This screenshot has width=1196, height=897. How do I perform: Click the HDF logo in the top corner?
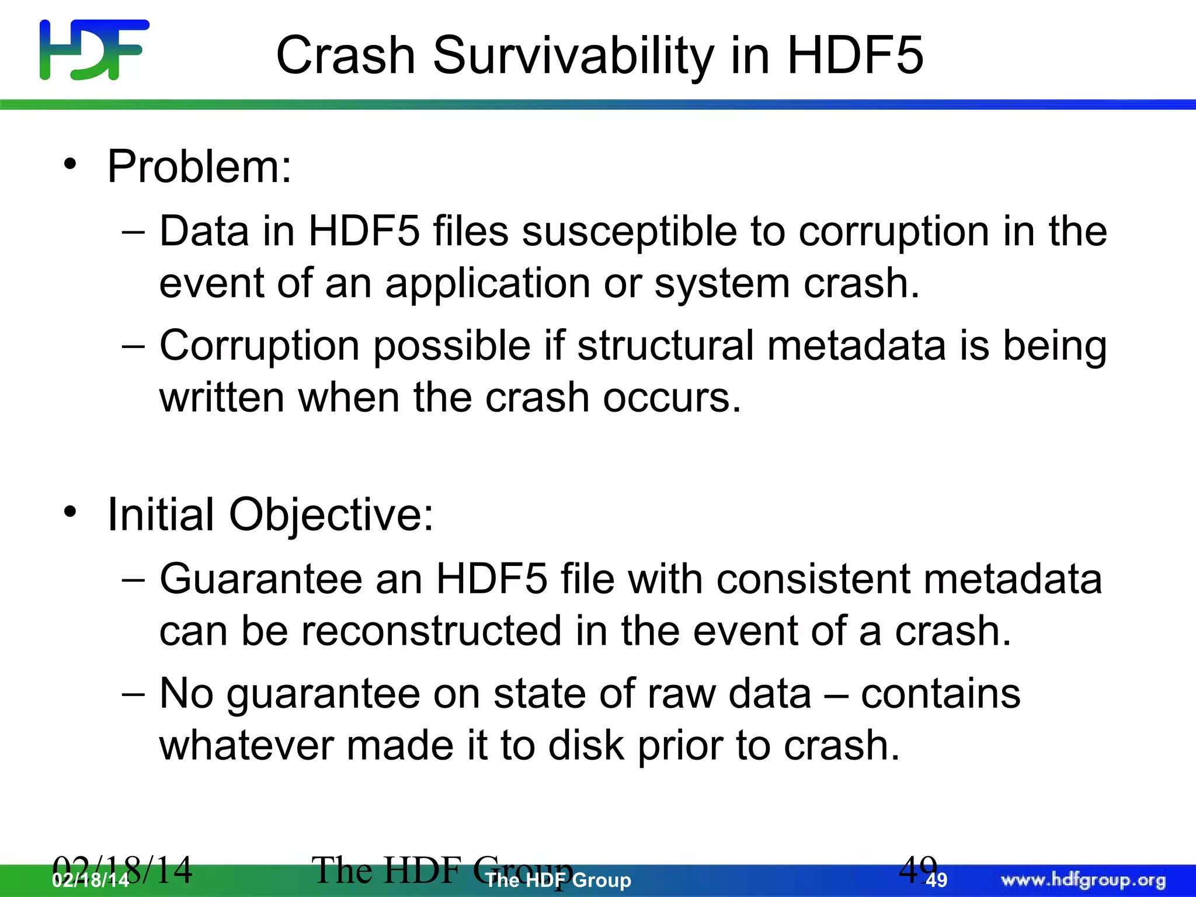[94, 50]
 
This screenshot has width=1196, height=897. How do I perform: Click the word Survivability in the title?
[573, 55]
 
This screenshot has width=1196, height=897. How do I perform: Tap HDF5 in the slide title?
[855, 55]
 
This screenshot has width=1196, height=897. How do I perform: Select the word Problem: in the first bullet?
[199, 167]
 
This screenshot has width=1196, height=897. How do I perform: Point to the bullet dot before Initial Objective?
[71, 512]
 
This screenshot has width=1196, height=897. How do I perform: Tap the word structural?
[665, 345]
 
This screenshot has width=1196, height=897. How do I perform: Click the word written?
[222, 398]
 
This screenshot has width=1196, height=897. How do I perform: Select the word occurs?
[671, 398]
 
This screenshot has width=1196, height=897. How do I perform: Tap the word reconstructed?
[431, 631]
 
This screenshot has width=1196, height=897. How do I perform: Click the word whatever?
[246, 746]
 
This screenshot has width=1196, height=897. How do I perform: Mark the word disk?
[586, 746]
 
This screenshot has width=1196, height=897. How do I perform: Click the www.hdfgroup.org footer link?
[1083, 880]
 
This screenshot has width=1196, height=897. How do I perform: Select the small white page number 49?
[937, 881]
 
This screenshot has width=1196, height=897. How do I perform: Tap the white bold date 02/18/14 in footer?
[91, 881]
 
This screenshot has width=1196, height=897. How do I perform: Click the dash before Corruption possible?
[133, 346]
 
